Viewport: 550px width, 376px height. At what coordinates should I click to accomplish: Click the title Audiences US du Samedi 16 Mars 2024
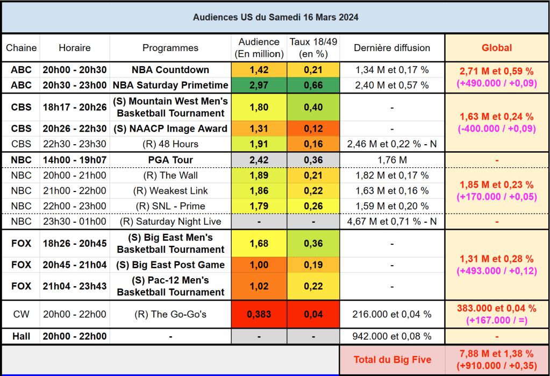[x=275, y=17]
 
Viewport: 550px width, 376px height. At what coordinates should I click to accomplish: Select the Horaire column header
[x=75, y=48]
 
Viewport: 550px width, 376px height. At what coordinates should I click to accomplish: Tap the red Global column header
[x=497, y=48]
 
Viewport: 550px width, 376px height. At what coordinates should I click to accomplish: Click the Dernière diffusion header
[x=392, y=48]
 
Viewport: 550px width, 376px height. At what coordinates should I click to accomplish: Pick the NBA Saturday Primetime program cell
[x=170, y=85]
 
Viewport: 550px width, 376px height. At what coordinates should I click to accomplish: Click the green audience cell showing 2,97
[x=259, y=85]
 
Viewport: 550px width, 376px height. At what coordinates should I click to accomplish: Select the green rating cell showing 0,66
[x=313, y=85]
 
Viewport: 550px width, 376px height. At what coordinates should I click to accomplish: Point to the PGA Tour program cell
[x=170, y=160]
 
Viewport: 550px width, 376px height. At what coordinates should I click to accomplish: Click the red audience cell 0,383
[x=259, y=314]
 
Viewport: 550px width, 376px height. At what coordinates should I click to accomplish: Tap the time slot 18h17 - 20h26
[x=75, y=107]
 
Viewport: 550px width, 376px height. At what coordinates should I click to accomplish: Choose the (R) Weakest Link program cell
[x=170, y=191]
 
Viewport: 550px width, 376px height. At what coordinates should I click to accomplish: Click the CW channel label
[x=21, y=314]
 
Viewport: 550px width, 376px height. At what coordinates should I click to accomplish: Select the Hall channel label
[x=21, y=336]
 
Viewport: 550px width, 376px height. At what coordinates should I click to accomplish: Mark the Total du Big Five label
[x=392, y=360]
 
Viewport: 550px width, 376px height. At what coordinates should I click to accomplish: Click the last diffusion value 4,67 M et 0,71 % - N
[x=392, y=221]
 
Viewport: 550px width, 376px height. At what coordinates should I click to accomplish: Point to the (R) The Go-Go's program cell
[x=170, y=314]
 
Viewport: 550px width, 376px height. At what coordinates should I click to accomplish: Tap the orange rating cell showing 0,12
[x=313, y=129]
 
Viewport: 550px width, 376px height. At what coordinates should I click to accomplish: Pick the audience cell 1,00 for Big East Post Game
[x=259, y=265]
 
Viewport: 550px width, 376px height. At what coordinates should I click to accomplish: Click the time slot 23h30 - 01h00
[x=75, y=221]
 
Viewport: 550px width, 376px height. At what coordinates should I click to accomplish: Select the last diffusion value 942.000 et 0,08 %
[x=392, y=336]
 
